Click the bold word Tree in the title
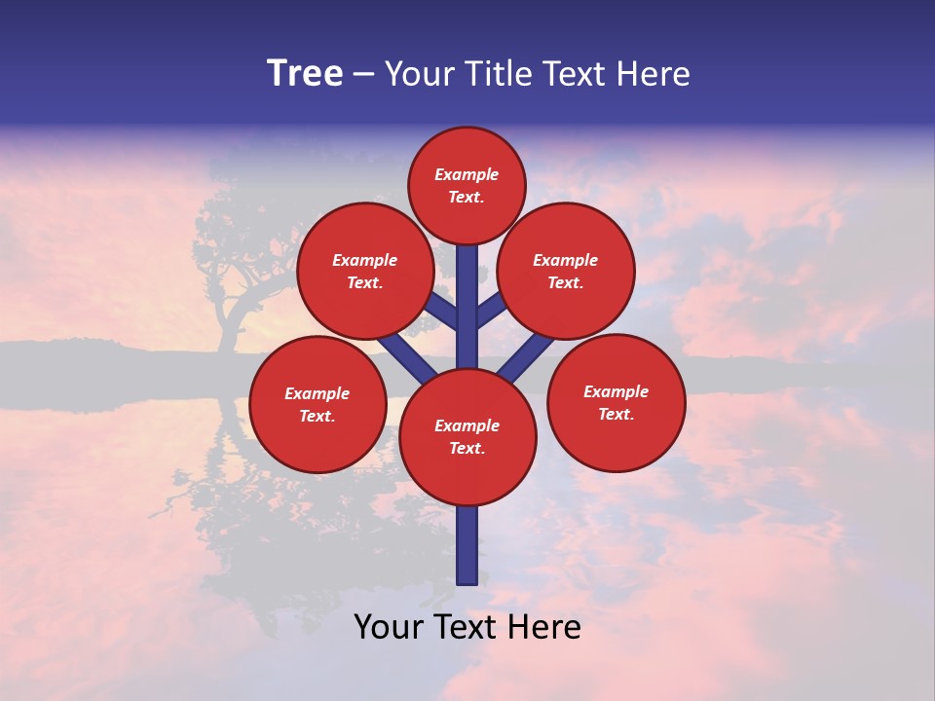(305, 74)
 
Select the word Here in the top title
(654, 74)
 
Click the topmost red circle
(467, 185)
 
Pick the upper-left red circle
(364, 271)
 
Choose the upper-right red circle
(566, 271)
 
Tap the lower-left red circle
(318, 404)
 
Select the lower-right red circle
(616, 402)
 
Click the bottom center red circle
(467, 437)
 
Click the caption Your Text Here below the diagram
(467, 627)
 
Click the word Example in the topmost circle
(467, 174)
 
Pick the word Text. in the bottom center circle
(467, 449)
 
